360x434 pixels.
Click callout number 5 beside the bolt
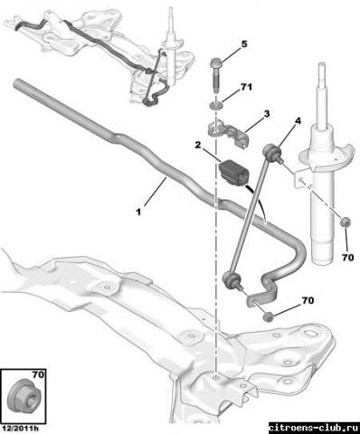coord(243,44)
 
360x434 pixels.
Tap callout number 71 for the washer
coord(246,88)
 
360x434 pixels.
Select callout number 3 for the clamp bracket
coord(267,114)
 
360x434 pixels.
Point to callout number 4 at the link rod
coord(298,121)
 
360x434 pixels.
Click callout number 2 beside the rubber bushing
coord(198,146)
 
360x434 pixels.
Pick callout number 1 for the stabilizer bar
coord(138,212)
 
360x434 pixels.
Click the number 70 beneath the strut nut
coord(347,258)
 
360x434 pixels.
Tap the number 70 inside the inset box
coord(38,374)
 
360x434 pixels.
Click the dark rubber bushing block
coord(234,173)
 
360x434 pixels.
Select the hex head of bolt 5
coord(216,62)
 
